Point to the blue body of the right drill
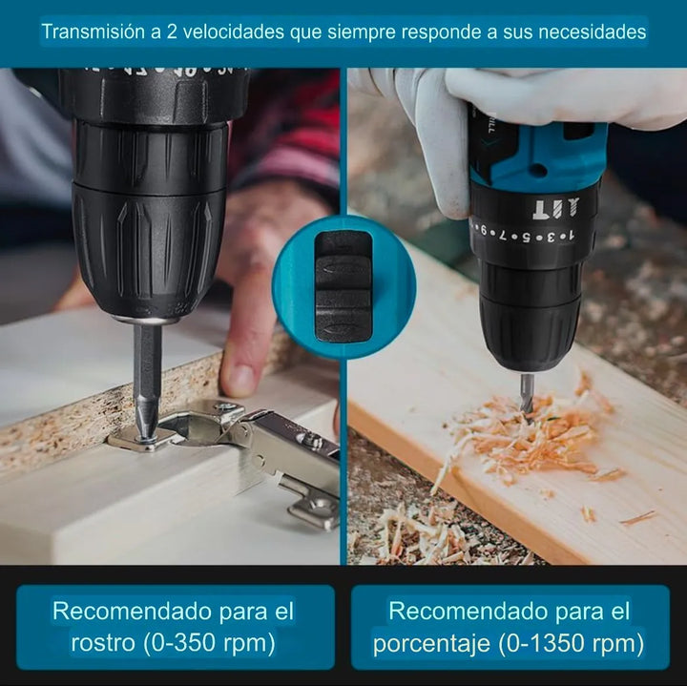(x=534, y=153)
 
